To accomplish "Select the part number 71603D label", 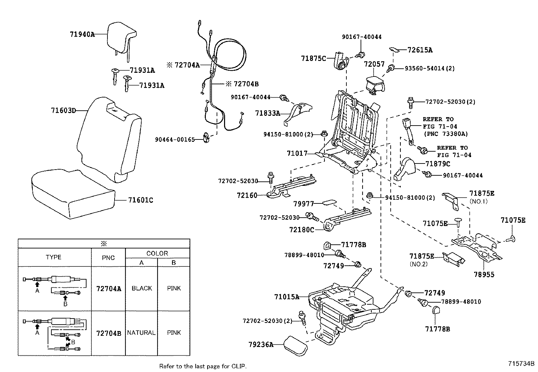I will tap(64, 110).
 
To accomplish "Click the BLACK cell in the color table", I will tap(142, 288).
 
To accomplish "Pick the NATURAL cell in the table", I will tap(141, 333).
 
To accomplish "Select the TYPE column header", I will tap(54, 257).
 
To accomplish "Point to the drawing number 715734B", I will tap(521, 364).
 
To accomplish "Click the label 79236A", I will tap(260, 345).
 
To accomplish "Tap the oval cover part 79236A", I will tap(295, 345).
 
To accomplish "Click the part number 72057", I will tap(374, 64).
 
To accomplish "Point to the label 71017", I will tap(297, 153).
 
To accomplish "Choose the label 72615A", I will tap(420, 50).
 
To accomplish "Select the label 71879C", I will tap(438, 164).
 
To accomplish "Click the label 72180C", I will tap(301, 230).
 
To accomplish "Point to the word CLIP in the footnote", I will tap(239, 366).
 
